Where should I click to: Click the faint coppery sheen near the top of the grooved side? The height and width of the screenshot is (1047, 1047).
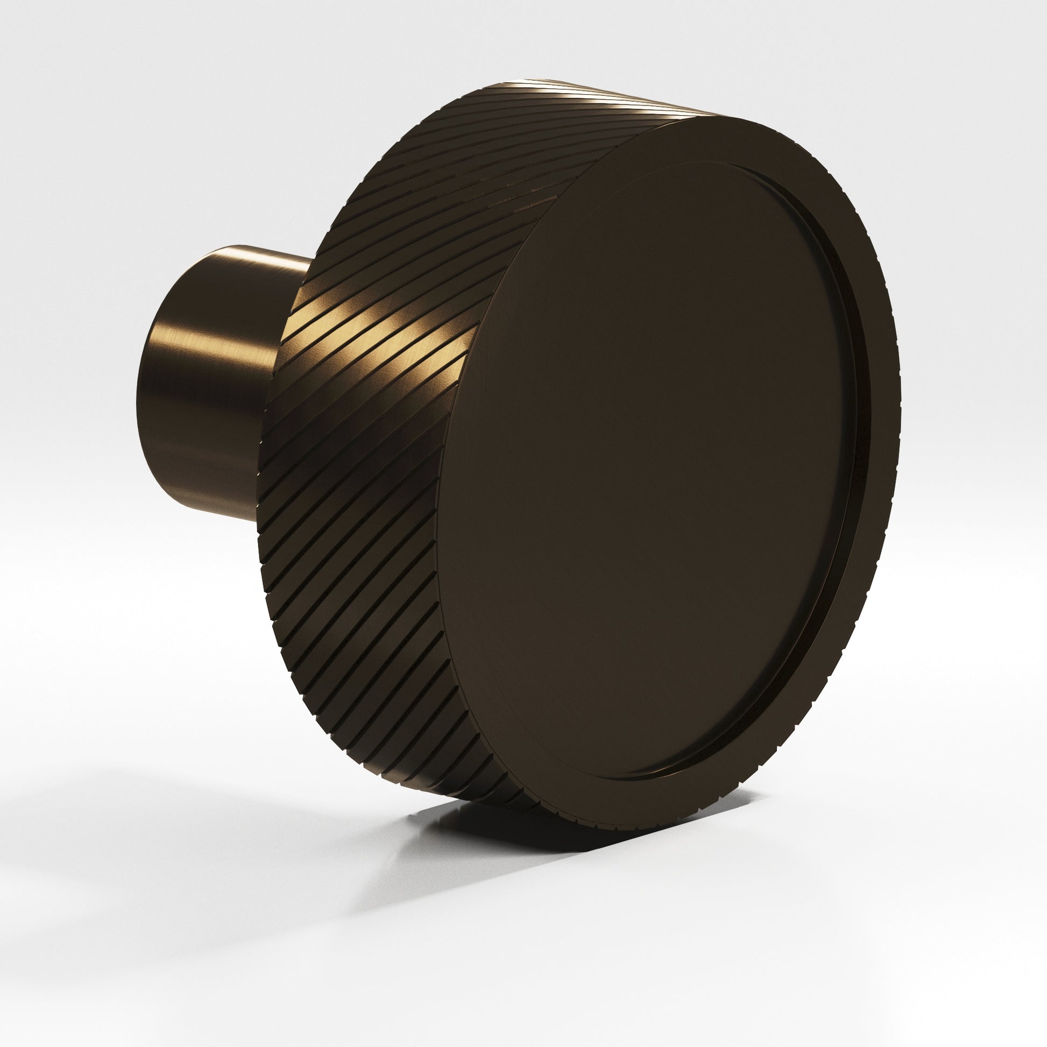click(488, 179)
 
